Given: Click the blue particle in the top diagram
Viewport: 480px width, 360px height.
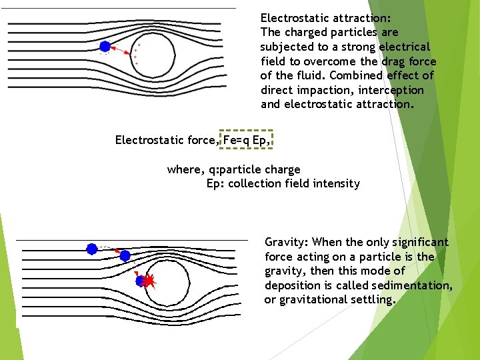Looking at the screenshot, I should pos(105,46).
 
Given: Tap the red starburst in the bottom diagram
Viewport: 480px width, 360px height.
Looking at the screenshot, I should pos(149,282).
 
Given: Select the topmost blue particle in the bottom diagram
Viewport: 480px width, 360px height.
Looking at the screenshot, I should pos(92,249).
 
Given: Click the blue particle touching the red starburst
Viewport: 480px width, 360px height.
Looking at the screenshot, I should pos(141,281).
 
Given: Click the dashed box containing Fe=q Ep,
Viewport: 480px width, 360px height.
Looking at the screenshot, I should pos(247,140).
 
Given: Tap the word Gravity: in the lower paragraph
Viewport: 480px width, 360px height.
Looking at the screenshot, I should pos(287,243).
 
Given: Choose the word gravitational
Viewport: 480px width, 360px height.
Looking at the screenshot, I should pos(312,300).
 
